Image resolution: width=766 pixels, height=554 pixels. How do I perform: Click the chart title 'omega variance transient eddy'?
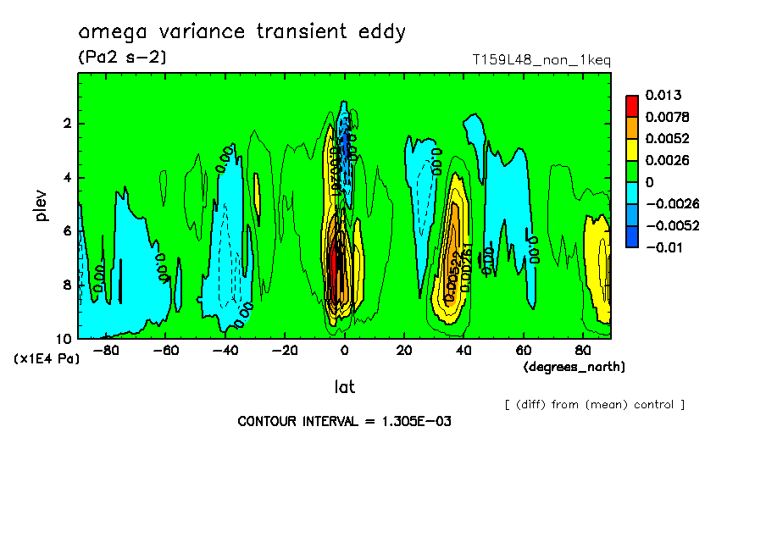tap(241, 32)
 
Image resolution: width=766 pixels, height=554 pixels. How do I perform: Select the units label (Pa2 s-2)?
tap(122, 58)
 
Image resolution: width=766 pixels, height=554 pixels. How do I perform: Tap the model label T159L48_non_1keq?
tap(541, 59)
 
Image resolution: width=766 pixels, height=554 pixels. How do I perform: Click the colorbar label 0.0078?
tap(667, 117)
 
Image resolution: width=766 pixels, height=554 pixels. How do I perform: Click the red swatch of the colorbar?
tap(632, 106)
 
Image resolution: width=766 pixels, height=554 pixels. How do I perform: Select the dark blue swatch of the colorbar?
tap(632, 236)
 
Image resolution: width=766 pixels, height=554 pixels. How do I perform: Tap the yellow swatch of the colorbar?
tap(632, 149)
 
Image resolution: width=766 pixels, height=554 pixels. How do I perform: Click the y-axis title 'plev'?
tap(42, 205)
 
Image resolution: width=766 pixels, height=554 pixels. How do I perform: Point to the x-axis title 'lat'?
tap(344, 387)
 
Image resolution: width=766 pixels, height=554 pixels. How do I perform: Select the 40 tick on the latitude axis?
tap(463, 350)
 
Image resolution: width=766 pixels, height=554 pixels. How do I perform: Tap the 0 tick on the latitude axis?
tap(344, 350)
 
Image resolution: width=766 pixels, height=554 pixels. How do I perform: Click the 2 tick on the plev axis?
tap(67, 124)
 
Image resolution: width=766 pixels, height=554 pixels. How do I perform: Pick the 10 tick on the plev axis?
tap(64, 338)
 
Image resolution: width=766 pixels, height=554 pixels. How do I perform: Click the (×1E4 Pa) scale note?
tap(47, 359)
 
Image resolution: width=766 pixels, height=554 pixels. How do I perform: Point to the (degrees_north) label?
tap(574, 367)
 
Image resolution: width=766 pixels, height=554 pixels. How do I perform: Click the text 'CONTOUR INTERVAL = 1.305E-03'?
tap(344, 421)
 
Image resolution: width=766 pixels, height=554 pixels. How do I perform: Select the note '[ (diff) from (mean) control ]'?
tap(594, 404)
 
